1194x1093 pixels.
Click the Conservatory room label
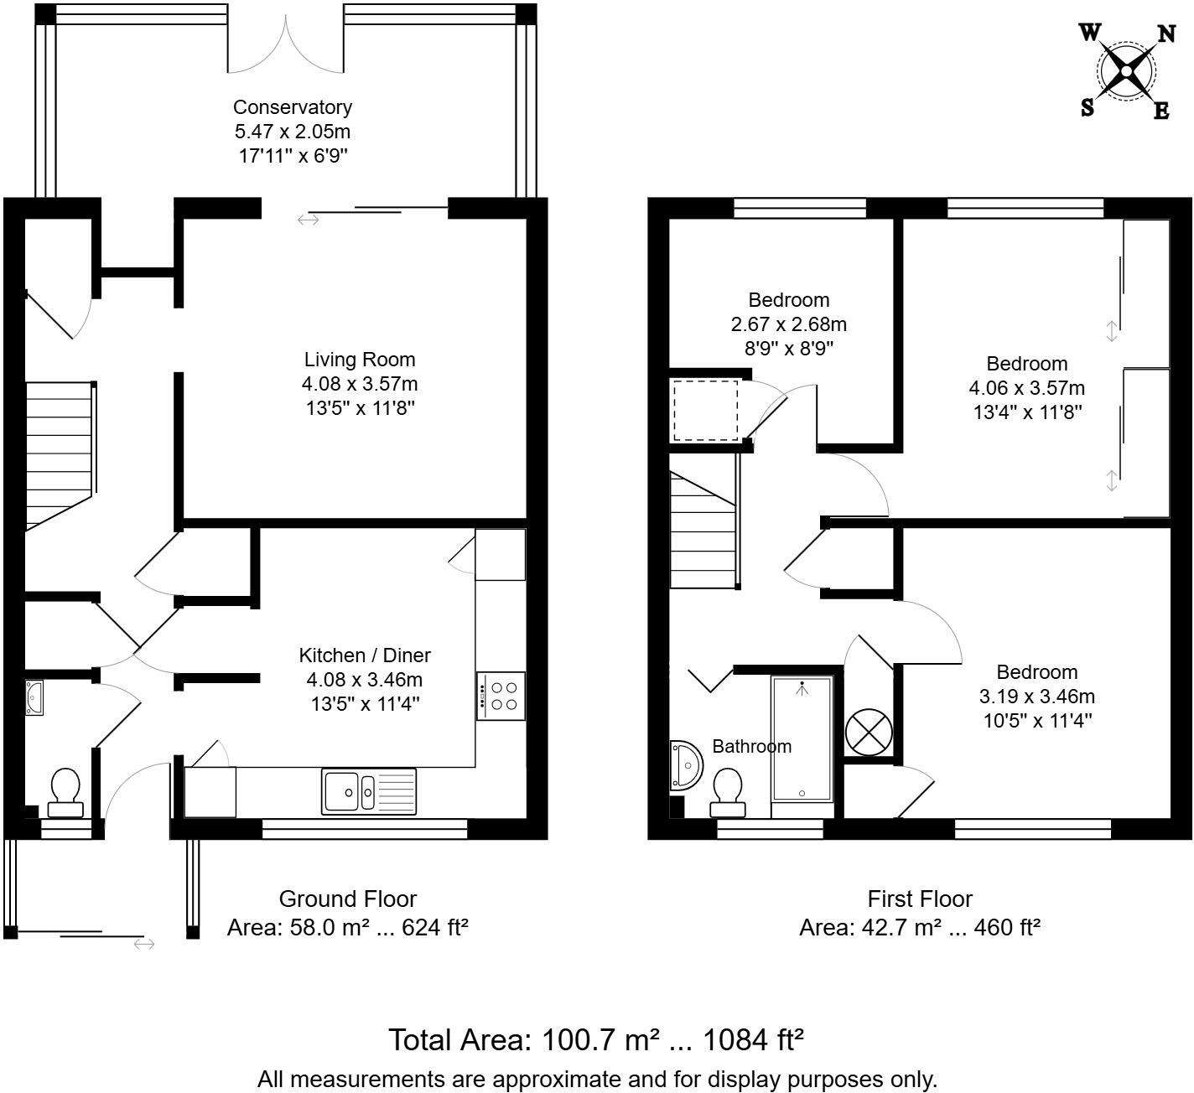pyautogui.click(x=293, y=107)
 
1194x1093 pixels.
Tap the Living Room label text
pyautogui.click(x=360, y=360)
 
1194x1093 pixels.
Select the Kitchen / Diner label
pyautogui.click(x=364, y=655)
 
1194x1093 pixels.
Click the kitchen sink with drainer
pyautogui.click(x=368, y=792)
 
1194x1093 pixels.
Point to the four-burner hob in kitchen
pyautogui.click(x=501, y=697)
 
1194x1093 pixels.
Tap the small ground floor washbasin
pyautogui.click(x=34, y=698)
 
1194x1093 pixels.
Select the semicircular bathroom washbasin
pyautogui.click(x=686, y=765)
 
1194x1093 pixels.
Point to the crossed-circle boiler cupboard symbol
pyautogui.click(x=869, y=733)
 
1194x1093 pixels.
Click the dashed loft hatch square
pyautogui.click(x=705, y=412)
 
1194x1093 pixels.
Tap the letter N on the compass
pyautogui.click(x=1166, y=34)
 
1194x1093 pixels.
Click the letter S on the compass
pyautogui.click(x=1087, y=107)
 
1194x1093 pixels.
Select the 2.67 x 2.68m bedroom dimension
pyautogui.click(x=789, y=324)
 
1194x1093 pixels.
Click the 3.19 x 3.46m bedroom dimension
pyautogui.click(x=1037, y=697)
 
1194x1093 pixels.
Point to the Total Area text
pyautogui.click(x=596, y=1040)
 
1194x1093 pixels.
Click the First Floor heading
pyautogui.click(x=920, y=899)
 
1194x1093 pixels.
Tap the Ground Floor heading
pyautogui.click(x=348, y=899)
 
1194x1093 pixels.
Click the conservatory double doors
pyautogui.click(x=286, y=48)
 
